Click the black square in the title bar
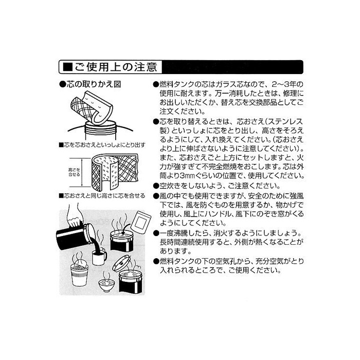pyautogui.click(x=67, y=67)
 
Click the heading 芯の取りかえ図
pyautogui.click(x=90, y=84)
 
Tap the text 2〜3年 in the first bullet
pyautogui.click(x=287, y=84)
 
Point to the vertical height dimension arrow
pyautogui.click(x=82, y=172)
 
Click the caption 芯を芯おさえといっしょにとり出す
pyautogui.click(x=102, y=145)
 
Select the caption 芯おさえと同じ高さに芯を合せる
pyautogui.click(x=102, y=196)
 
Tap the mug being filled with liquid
pyautogui.click(x=99, y=257)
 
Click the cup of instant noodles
pyautogui.click(x=79, y=275)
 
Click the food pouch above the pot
pyautogui.click(x=141, y=221)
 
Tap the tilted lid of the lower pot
pyautogui.click(x=122, y=263)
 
